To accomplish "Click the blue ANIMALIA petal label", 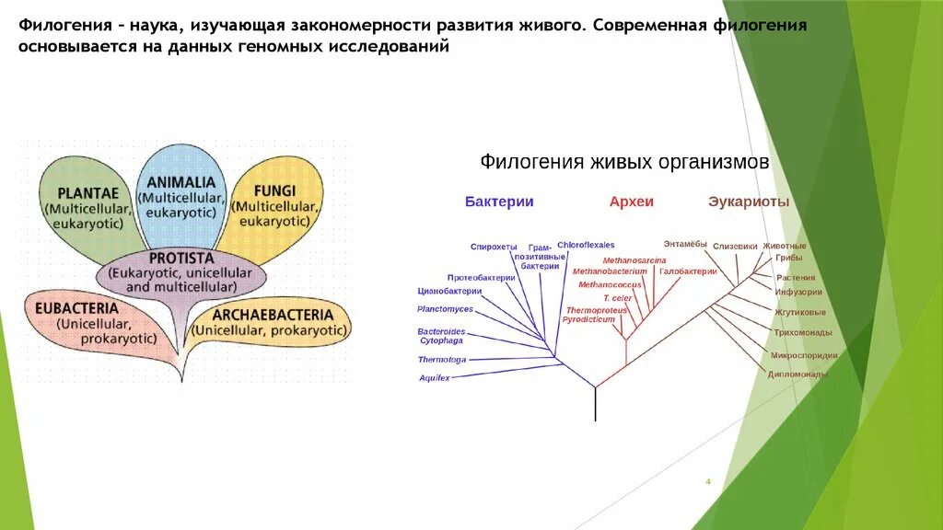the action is pos(180,182).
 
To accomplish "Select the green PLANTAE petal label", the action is pos(87,193).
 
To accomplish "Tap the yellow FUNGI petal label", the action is pos(275,190).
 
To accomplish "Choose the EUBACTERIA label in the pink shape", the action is pos(77,307).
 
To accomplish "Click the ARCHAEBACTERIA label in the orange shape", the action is pos(272,315).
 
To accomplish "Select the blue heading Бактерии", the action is pos(499,202).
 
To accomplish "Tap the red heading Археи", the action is pos(631,202).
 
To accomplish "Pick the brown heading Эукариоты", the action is pos(749,202).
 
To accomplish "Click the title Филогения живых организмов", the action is pos(623,163).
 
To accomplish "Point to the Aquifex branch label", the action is pos(435,378).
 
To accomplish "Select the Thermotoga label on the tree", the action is pos(442,359).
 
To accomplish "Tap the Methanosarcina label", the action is pos(634,260).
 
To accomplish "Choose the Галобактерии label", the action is pos(688,271).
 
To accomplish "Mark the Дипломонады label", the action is pos(797,374).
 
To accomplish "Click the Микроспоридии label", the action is pos(804,355).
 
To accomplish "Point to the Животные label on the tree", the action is pos(784,246).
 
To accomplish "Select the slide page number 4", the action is pos(708,481).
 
